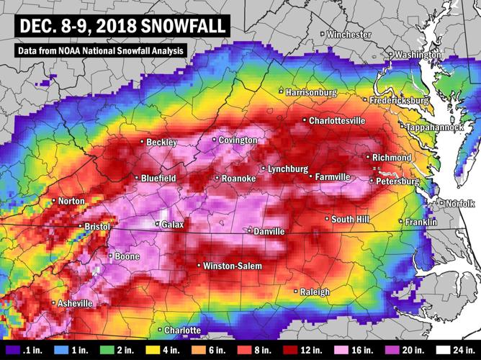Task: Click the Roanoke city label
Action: tap(238, 178)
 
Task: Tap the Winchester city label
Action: tap(349, 35)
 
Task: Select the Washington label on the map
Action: tap(416, 55)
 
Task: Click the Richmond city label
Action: tap(391, 158)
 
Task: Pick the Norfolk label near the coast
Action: tap(460, 204)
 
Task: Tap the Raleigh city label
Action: tap(315, 292)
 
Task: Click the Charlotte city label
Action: tap(182, 330)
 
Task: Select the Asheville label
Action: tap(75, 304)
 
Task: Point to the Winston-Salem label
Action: tap(232, 266)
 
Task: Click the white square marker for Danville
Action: tap(249, 231)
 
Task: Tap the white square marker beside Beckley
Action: tap(142, 142)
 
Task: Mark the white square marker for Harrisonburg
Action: tap(282, 91)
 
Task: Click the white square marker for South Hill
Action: tap(327, 218)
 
